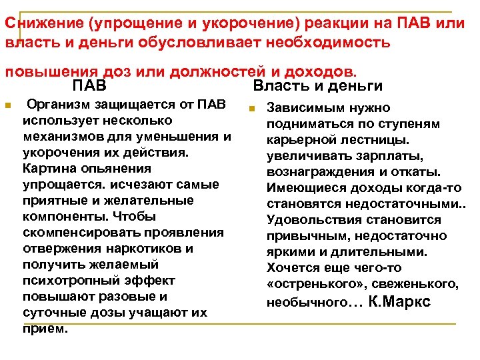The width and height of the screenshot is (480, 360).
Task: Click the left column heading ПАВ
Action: (x=89, y=86)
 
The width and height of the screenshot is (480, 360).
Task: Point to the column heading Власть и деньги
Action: (x=318, y=86)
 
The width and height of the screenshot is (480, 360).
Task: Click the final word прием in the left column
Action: (x=44, y=329)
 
